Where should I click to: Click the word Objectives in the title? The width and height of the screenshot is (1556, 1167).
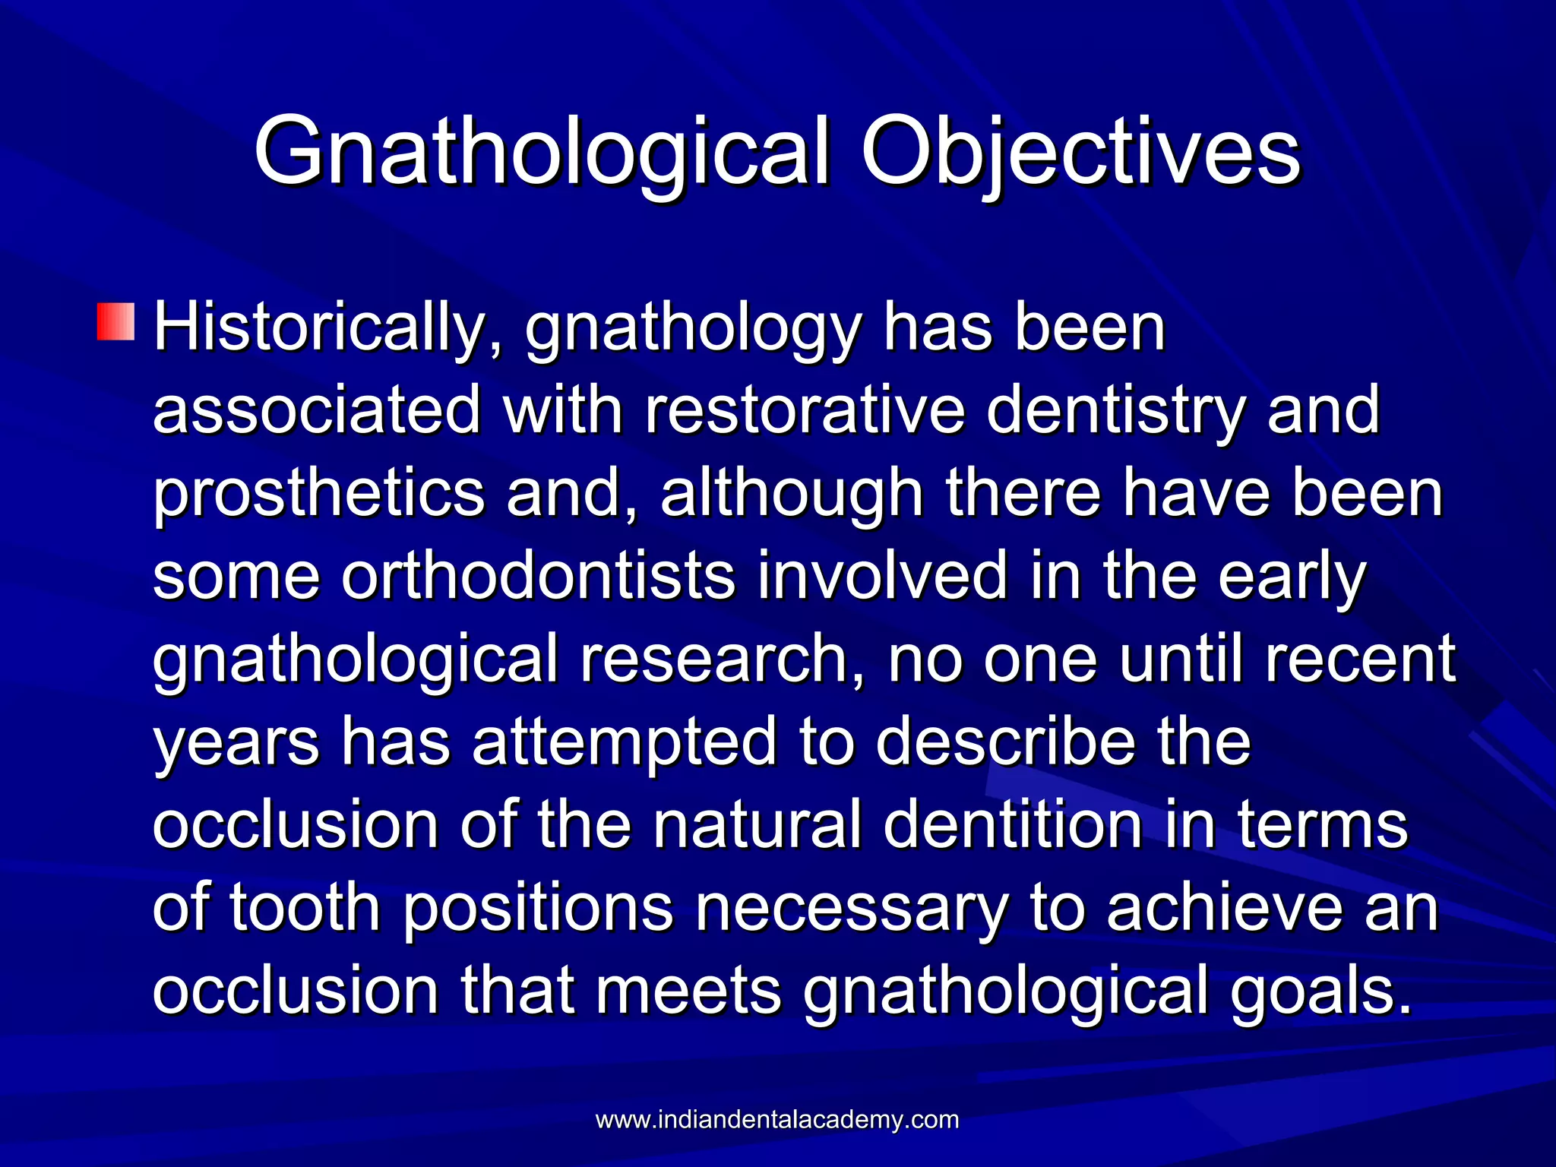coord(1080,152)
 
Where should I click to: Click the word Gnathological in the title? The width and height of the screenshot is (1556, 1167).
coord(541,152)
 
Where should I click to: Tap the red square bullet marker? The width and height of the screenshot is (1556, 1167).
coord(115,321)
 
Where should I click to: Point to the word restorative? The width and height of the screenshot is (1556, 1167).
coord(805,410)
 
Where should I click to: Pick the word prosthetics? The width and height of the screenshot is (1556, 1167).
coord(319,494)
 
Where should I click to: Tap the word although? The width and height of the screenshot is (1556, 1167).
coord(792,494)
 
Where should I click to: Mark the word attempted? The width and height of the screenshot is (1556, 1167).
coord(625,742)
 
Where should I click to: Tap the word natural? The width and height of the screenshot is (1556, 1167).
coord(757,824)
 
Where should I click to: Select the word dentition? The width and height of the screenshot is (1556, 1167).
coord(1014,824)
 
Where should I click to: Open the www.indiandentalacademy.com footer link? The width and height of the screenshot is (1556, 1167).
coord(777,1120)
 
